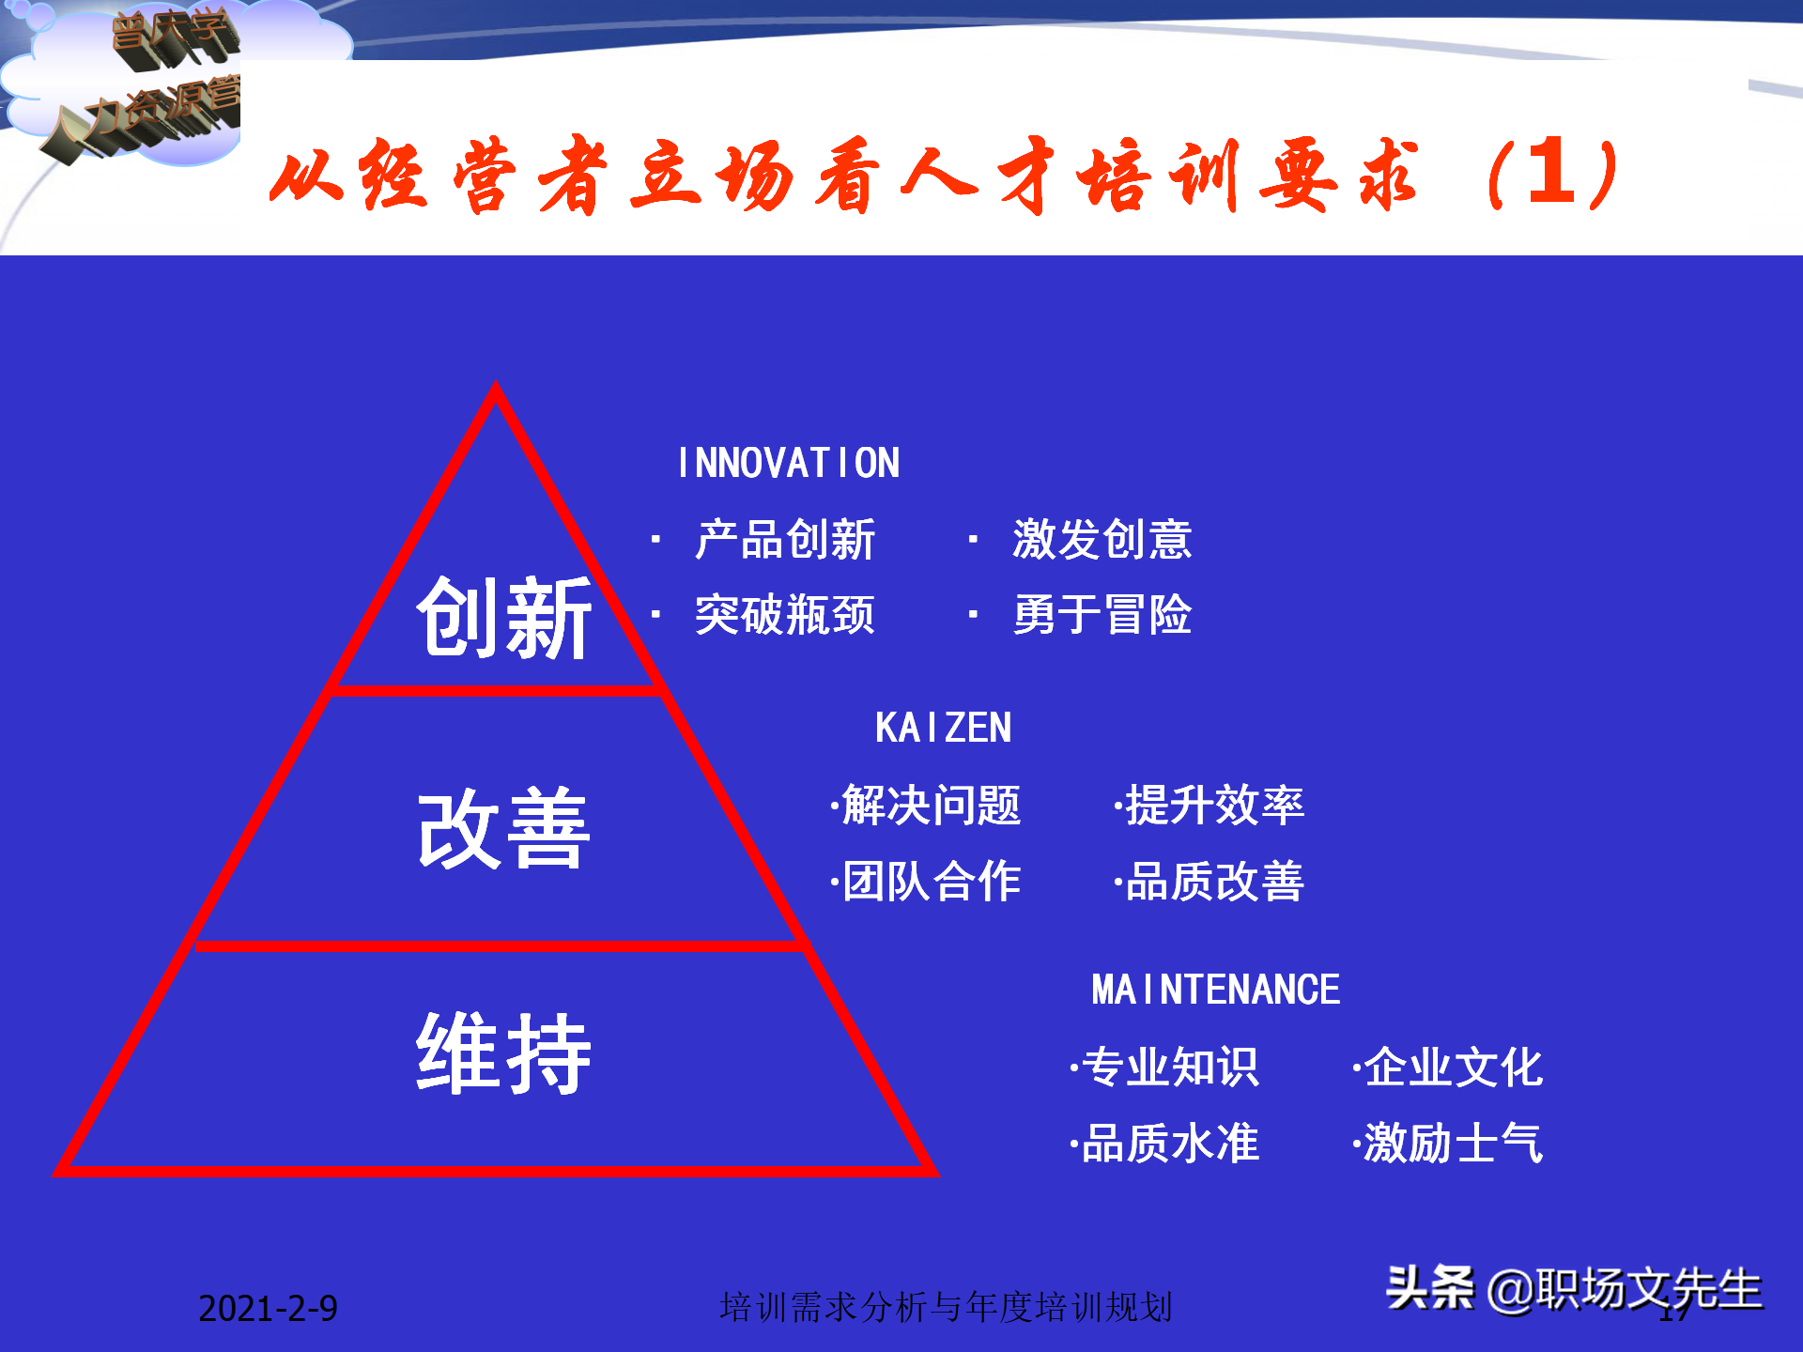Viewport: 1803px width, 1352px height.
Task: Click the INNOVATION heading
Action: coord(788,463)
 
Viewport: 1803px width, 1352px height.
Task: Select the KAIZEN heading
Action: coord(943,728)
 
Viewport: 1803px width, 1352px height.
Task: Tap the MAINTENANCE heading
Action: coord(1215,990)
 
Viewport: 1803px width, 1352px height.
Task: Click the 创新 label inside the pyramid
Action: coord(504,618)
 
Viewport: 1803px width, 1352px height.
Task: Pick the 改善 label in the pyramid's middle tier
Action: coord(504,828)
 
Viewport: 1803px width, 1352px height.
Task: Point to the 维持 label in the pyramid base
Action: coord(504,1053)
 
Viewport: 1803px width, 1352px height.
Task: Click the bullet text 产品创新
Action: coord(785,540)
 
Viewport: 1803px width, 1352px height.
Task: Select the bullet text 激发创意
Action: coord(1102,540)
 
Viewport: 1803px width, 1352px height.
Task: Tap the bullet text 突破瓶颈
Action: coord(785,615)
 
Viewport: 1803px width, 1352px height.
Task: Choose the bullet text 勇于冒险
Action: coord(1102,615)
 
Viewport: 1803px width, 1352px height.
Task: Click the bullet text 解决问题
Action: coord(930,806)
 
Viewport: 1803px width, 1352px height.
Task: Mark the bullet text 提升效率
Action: coord(1214,806)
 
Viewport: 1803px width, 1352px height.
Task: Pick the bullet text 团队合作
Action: coord(930,881)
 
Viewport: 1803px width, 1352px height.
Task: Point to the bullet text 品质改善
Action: coord(1214,881)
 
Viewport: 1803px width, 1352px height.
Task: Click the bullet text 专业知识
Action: coord(1169,1068)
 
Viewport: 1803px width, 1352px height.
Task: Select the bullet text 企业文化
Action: coord(1453,1068)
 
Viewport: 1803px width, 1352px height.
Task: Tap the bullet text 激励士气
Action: coord(1453,1144)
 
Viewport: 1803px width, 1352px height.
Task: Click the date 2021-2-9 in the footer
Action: coord(268,1308)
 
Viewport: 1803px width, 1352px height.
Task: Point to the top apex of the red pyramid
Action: coord(496,387)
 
